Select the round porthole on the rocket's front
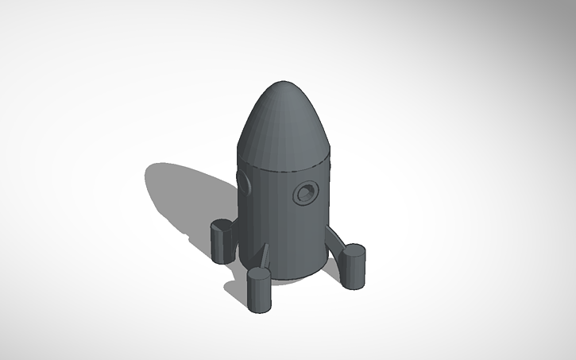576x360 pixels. pyautogui.click(x=305, y=192)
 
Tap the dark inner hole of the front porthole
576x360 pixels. pyautogui.click(x=306, y=192)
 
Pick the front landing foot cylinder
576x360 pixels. pyautogui.click(x=259, y=292)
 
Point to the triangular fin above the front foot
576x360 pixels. pyautogui.click(x=264, y=256)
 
